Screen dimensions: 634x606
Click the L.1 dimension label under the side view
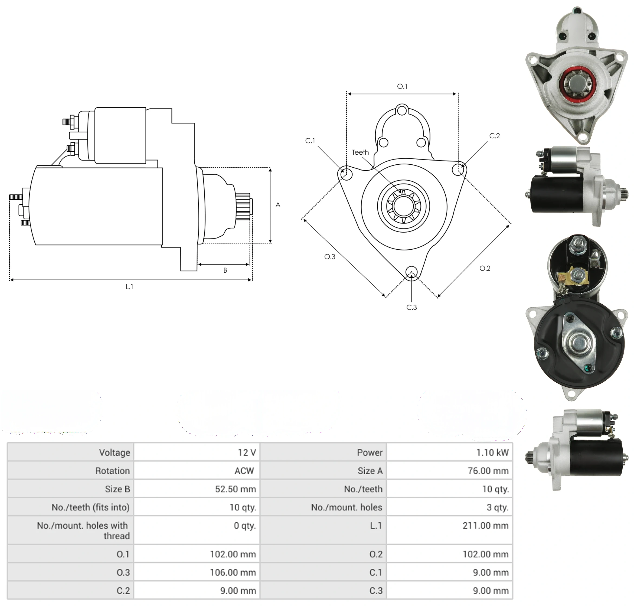(x=129, y=286)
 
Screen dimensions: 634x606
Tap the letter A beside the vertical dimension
(x=278, y=205)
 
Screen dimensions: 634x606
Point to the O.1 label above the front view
(x=402, y=86)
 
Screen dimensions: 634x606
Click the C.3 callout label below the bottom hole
(x=411, y=307)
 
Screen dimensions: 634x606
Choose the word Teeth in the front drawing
(x=360, y=152)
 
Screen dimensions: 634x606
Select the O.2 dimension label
(x=485, y=268)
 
